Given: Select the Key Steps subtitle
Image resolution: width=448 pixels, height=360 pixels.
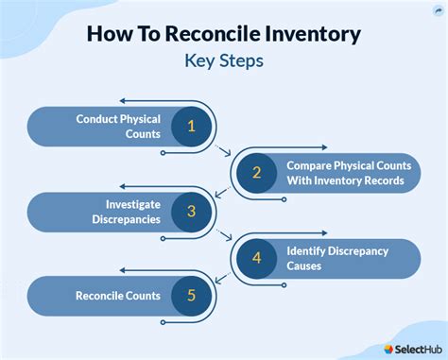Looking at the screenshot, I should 224,60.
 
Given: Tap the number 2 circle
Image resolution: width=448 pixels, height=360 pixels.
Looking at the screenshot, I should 256,171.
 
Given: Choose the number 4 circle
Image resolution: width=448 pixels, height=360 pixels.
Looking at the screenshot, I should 255,258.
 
